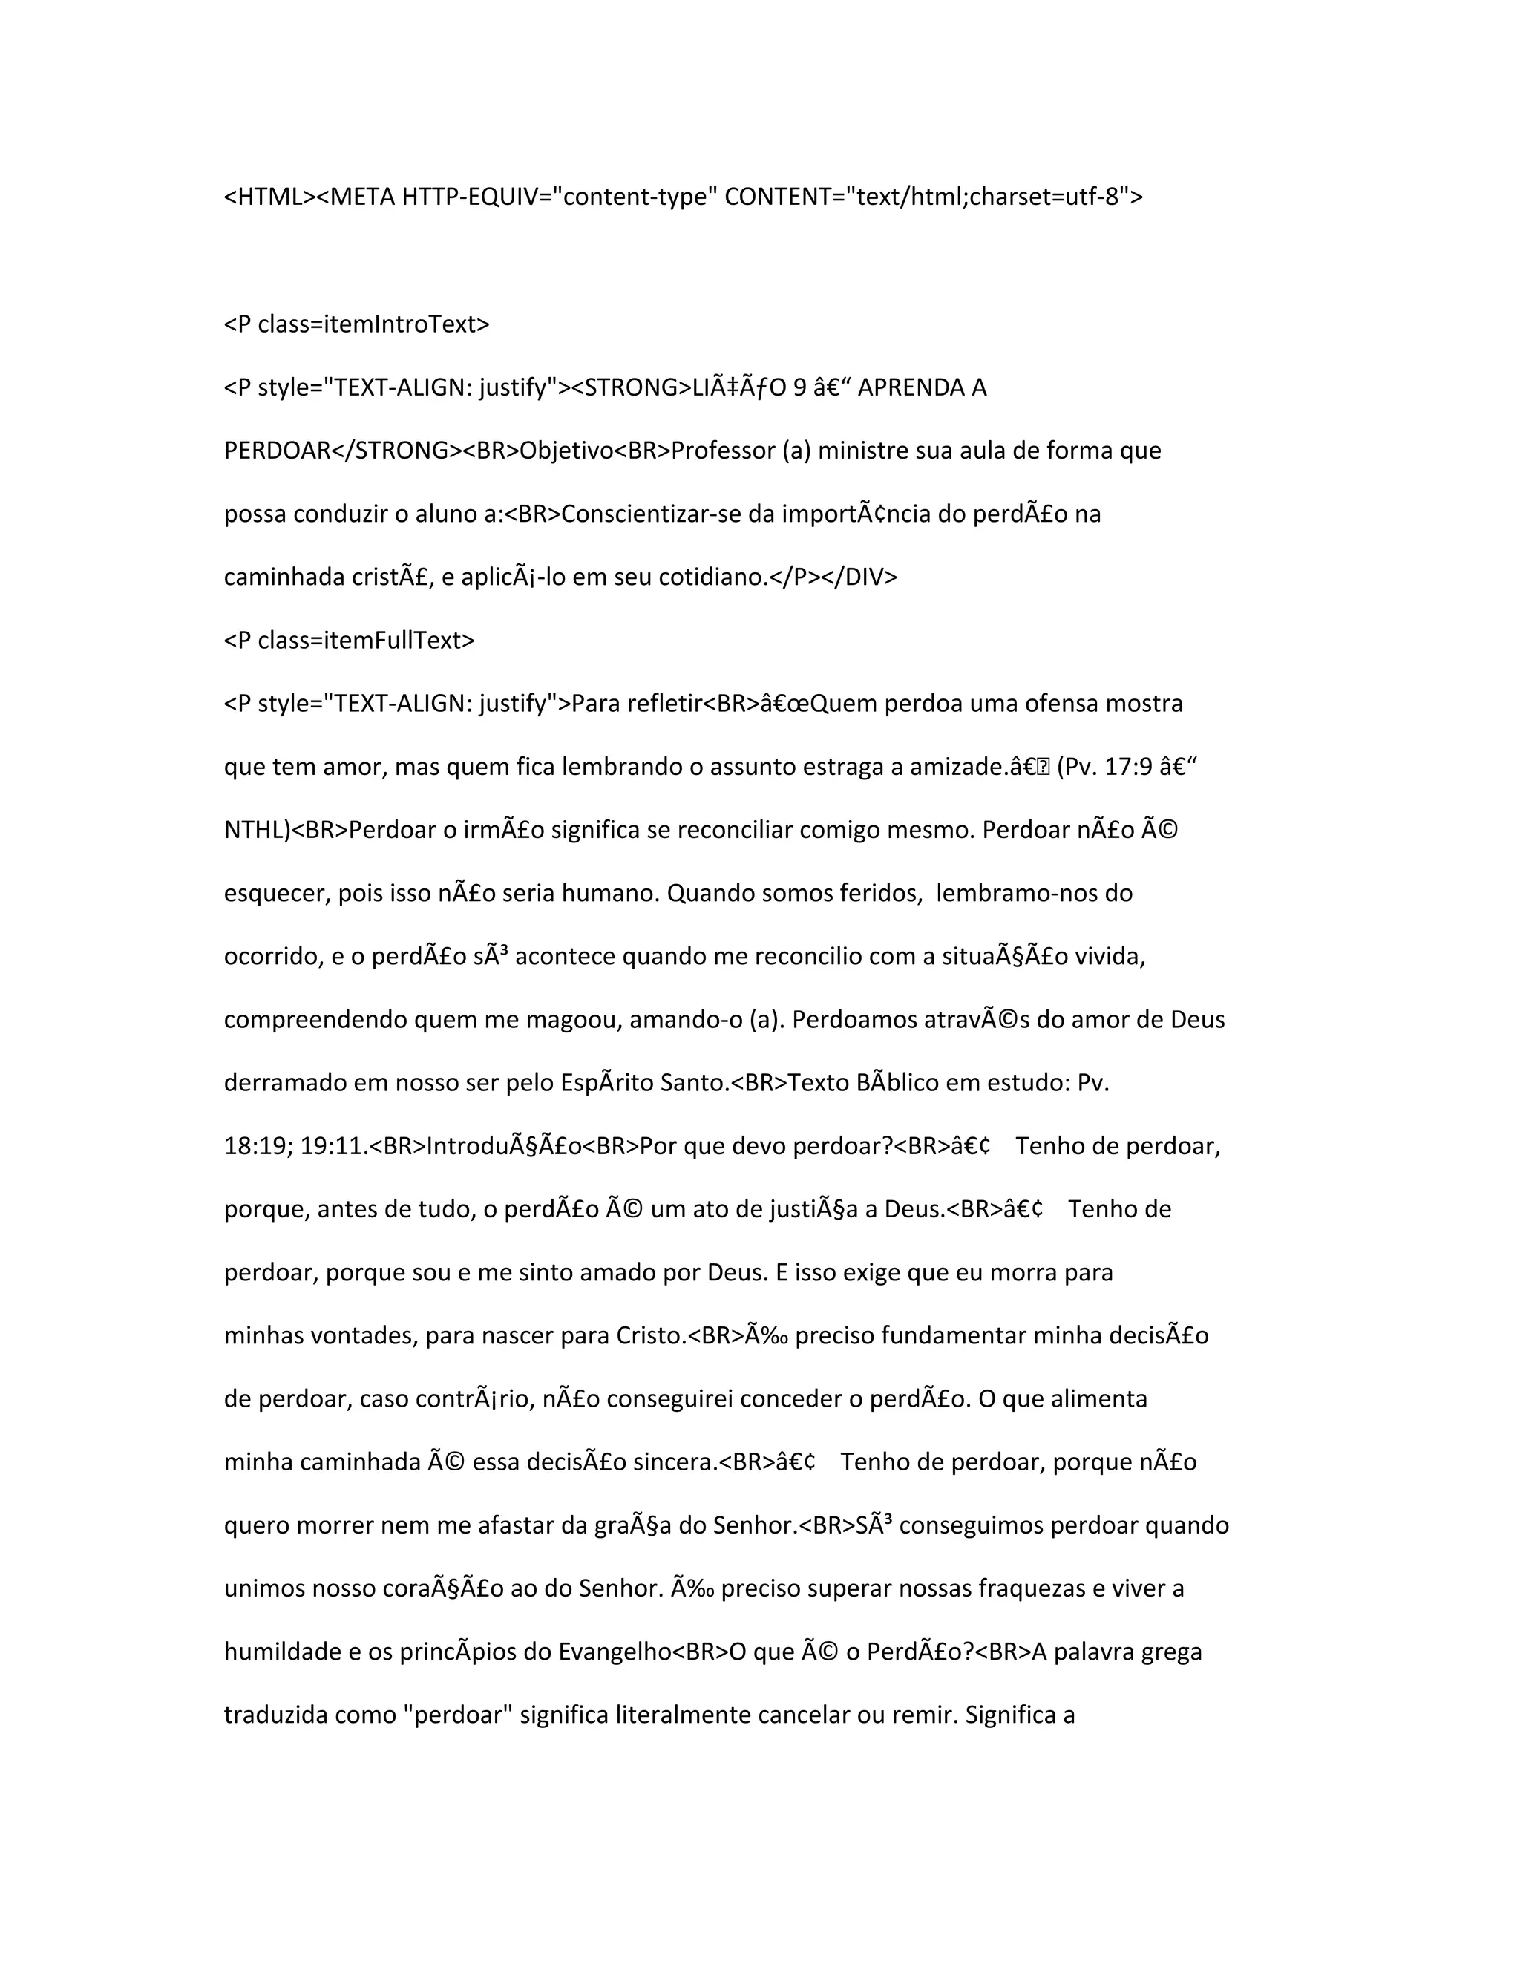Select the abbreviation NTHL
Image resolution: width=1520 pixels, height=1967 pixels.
click(254, 831)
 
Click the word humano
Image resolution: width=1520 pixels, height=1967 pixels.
click(612, 894)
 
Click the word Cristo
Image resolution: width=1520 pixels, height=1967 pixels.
click(649, 1335)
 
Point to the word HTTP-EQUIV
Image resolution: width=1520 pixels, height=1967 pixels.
click(463, 197)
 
